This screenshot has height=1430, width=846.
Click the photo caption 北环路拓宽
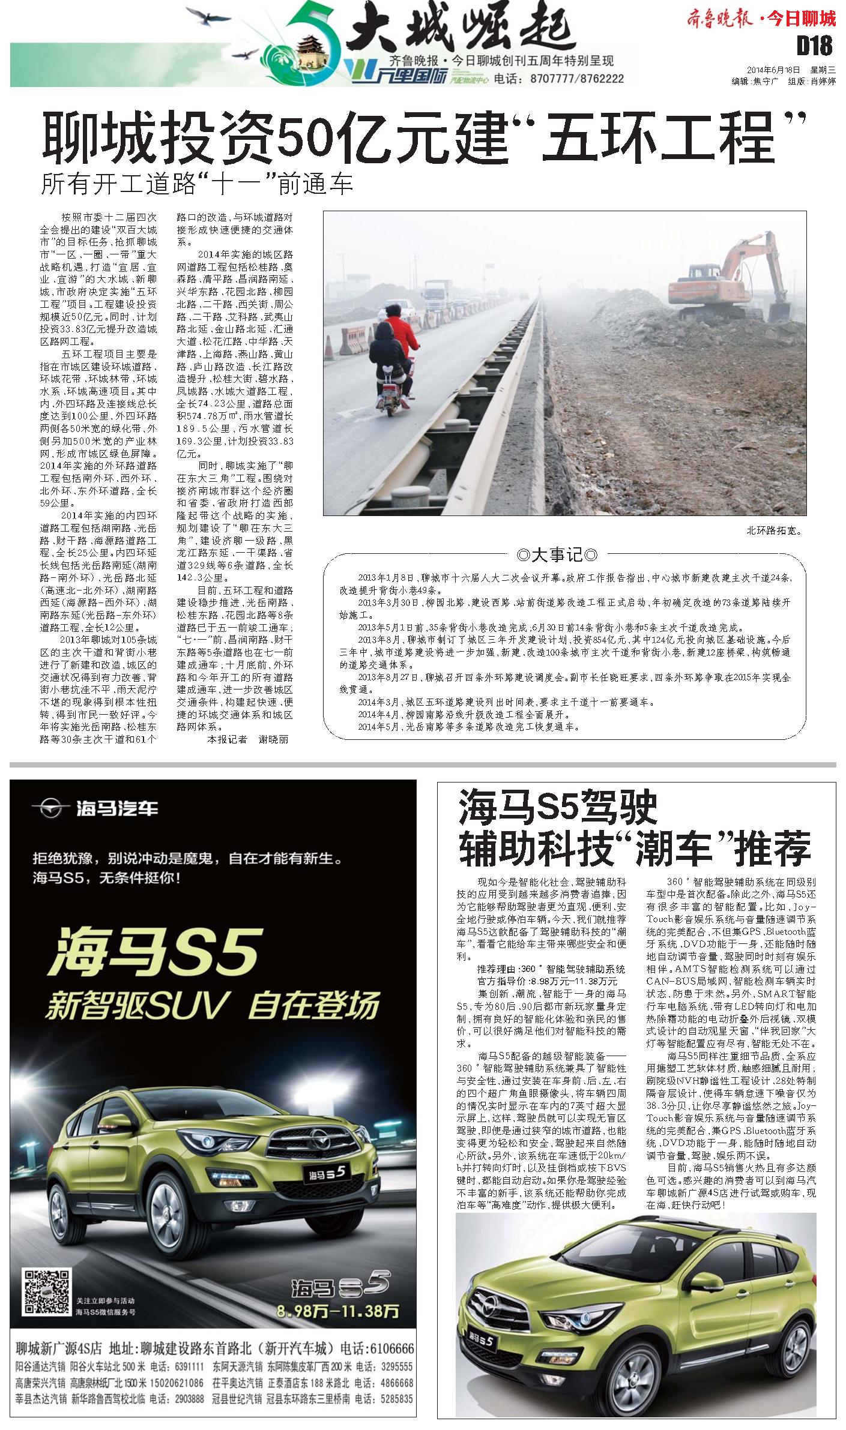click(x=774, y=530)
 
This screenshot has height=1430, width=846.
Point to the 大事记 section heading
click(x=557, y=554)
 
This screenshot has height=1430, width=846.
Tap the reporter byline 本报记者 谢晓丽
click(x=247, y=739)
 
